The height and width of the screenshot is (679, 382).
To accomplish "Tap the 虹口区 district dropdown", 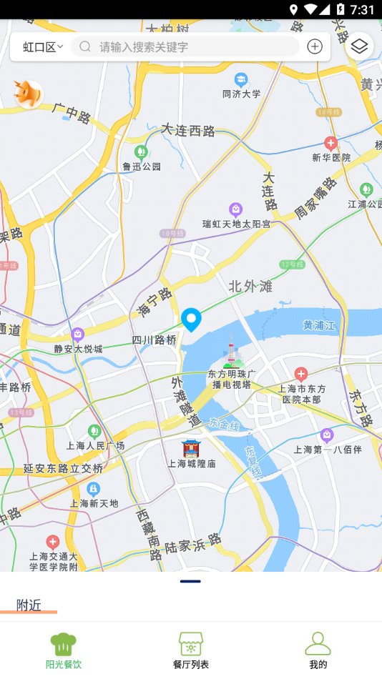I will (43, 47).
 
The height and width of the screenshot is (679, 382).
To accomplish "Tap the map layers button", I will (359, 47).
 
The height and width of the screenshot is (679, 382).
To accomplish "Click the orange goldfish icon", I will (29, 94).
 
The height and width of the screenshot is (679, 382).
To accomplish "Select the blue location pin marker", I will (191, 319).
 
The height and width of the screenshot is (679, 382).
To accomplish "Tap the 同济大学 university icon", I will (241, 79).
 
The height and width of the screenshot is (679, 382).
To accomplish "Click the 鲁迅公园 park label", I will (142, 167).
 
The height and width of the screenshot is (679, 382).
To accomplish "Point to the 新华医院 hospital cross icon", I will (330, 143).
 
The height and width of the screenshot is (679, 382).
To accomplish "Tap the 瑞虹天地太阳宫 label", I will (236, 224).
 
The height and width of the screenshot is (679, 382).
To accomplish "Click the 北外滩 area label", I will (250, 287).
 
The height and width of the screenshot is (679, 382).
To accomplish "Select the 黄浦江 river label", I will (318, 325).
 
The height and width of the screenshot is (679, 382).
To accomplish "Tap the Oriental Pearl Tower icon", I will (230, 354).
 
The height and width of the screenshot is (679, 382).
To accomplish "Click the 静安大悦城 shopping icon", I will (78, 334).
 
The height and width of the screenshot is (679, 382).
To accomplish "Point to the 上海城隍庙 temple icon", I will (191, 448).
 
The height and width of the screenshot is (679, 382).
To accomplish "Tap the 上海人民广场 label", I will (96, 446).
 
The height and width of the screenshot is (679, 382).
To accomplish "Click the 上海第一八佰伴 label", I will (328, 450).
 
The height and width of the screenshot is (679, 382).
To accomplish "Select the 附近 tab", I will (29, 605).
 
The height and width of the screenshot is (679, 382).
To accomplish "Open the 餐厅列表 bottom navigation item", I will (191, 650).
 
